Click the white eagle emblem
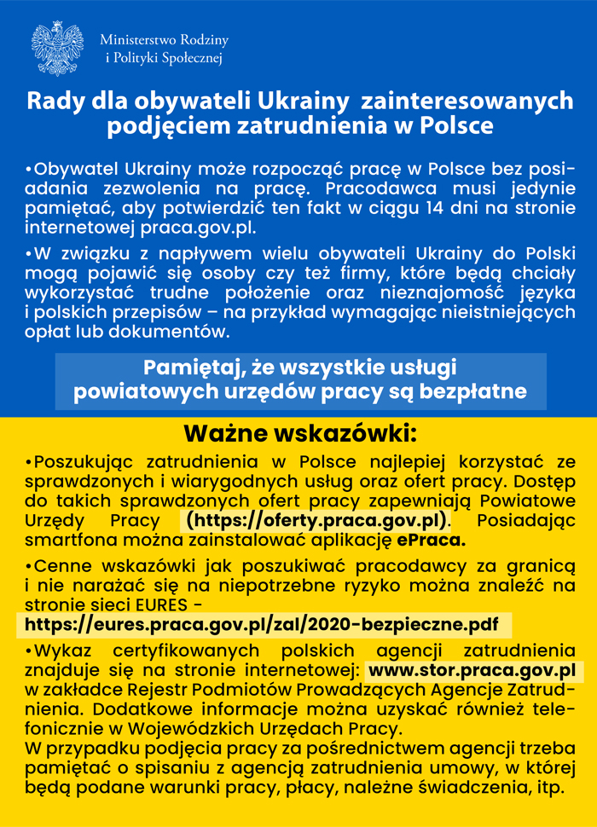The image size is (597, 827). click(x=57, y=49)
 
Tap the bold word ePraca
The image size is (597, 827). click(x=433, y=540)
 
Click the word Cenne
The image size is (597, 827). click(x=62, y=565)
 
